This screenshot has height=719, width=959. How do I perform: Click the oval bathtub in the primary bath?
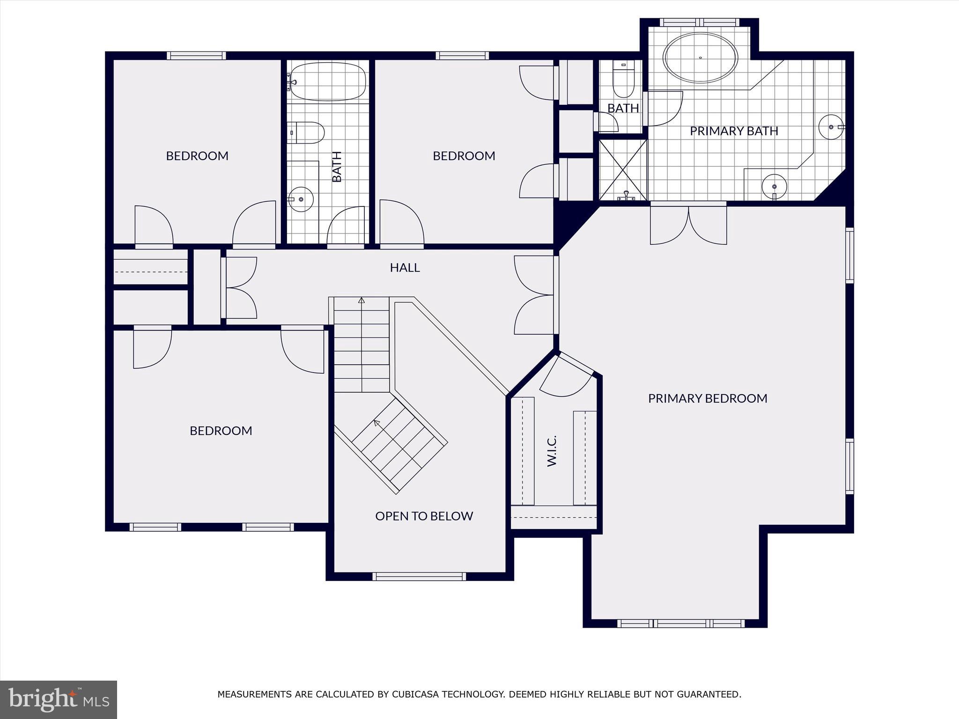700,58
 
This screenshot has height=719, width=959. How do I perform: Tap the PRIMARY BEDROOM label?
708,398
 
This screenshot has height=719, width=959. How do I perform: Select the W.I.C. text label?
552,451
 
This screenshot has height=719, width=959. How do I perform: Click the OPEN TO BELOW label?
424,516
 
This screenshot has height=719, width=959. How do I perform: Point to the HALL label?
405,267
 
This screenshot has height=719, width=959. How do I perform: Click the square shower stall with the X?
623,169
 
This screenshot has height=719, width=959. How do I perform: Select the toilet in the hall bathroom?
307,132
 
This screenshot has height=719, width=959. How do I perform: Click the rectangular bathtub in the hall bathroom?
327,81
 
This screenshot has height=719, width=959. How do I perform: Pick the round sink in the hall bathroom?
301,199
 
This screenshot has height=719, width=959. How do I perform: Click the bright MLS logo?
59,699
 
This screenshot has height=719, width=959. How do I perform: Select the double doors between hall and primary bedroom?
534,295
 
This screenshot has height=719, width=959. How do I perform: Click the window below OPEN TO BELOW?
419,576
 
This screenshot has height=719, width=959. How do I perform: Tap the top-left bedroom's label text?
197,156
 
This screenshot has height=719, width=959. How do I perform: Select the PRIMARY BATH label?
734,131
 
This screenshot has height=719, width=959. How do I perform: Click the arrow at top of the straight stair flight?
361,300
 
